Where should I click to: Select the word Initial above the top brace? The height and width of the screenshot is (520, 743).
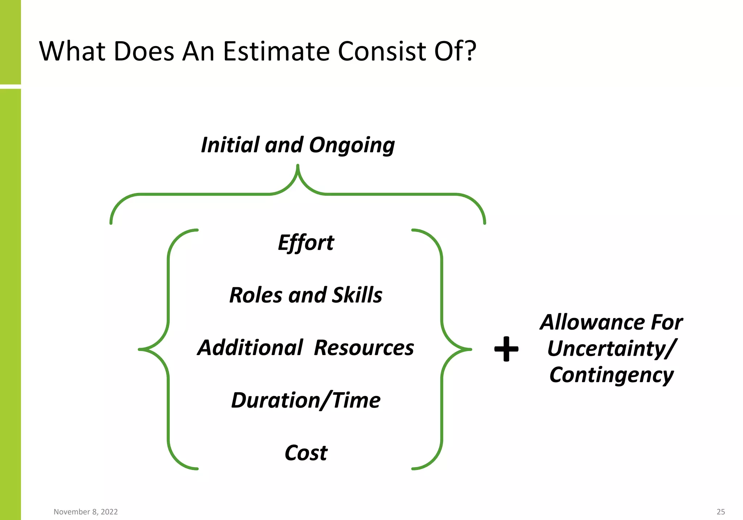[230, 145]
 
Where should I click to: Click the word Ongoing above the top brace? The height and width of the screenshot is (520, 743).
[352, 145]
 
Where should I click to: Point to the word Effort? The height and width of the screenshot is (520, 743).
[306, 243]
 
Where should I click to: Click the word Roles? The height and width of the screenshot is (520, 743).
[256, 295]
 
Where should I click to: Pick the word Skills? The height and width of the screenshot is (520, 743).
[357, 295]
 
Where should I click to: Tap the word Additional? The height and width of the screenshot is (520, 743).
[250, 347]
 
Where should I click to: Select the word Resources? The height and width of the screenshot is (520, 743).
[364, 347]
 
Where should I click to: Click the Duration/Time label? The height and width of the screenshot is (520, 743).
[306, 400]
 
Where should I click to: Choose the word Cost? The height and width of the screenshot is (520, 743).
[306, 453]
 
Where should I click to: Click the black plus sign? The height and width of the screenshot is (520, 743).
[506, 349]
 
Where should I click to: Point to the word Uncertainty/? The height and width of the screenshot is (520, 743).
[611, 348]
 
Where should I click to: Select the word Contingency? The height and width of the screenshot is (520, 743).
[611, 375]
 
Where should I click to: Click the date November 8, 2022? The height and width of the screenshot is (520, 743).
[86, 512]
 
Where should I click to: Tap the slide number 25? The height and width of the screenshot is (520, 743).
[721, 512]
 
